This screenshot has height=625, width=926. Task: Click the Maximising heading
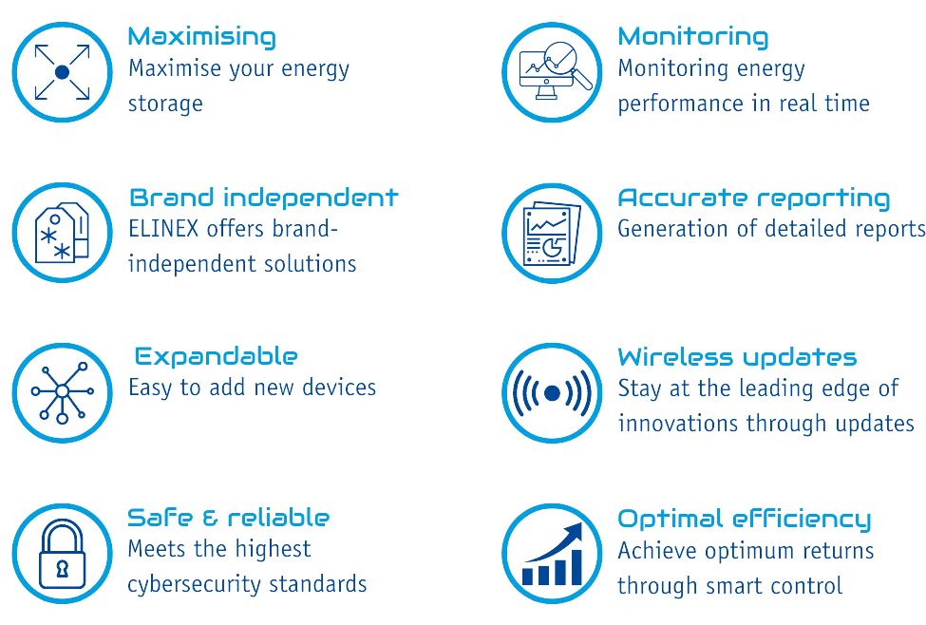tap(202, 37)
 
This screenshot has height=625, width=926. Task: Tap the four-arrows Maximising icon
tap(62, 72)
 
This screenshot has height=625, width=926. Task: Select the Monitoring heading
tap(691, 37)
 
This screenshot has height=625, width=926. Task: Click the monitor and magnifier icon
tap(552, 72)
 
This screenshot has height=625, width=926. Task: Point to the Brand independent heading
tap(263, 199)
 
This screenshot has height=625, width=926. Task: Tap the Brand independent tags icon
tap(62, 234)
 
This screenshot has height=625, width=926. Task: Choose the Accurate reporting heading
tap(753, 199)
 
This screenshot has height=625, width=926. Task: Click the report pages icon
tap(552, 234)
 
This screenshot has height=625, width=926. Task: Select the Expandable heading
tap(217, 356)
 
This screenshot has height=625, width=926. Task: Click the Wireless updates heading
tap(737, 357)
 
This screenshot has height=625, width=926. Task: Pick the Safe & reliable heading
tap(229, 518)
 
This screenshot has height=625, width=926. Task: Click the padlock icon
tap(62, 554)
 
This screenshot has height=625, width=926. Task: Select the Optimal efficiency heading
tap(744, 520)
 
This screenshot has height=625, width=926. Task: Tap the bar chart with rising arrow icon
tap(552, 554)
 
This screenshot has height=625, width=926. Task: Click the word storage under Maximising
tap(166, 103)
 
